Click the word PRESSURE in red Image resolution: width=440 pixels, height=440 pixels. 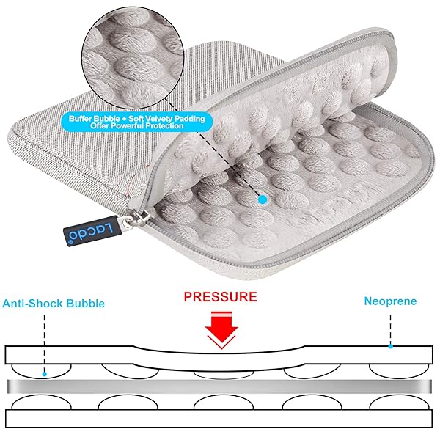(x=220, y=297)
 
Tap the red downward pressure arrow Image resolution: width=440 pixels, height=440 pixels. (x=221, y=330)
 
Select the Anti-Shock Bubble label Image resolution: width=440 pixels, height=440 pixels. (x=54, y=304)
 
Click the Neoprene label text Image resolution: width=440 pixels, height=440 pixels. (x=390, y=301)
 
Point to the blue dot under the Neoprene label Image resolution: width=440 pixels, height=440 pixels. (x=390, y=346)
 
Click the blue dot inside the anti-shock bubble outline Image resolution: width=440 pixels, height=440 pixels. (x=44, y=374)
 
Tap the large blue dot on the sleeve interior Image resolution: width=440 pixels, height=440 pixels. (x=263, y=199)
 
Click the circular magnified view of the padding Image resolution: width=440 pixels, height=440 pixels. (x=133, y=58)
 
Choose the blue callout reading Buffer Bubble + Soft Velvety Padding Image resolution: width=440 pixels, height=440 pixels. (x=136, y=122)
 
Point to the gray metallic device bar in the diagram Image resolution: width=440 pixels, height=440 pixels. (x=220, y=386)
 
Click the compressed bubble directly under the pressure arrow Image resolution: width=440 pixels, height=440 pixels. (x=224, y=375)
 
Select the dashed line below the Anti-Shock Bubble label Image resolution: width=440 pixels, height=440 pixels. (x=44, y=343)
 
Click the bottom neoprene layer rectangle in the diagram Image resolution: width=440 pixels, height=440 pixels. (x=219, y=419)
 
